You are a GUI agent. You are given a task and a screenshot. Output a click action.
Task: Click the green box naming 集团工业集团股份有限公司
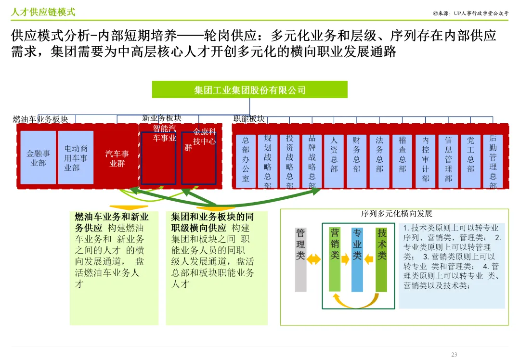(249, 90)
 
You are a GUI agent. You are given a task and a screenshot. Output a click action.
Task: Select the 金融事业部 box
(38, 157)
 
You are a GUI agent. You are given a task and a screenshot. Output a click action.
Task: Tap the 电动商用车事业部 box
(76, 157)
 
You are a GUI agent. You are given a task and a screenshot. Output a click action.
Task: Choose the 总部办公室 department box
(246, 161)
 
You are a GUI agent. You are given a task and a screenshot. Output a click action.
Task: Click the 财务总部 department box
(356, 161)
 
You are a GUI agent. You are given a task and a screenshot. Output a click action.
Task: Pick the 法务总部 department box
(379, 161)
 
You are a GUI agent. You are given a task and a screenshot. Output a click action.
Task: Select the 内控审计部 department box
(425, 161)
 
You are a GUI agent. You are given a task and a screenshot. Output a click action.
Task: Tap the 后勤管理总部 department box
(493, 161)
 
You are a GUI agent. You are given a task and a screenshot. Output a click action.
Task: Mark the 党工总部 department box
(470, 161)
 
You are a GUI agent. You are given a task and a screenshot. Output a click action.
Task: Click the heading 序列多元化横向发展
(396, 214)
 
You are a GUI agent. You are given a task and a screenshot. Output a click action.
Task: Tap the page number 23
(454, 355)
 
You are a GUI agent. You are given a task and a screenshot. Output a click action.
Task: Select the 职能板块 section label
(249, 118)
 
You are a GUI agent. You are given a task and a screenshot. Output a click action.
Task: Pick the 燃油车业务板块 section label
(40, 119)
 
